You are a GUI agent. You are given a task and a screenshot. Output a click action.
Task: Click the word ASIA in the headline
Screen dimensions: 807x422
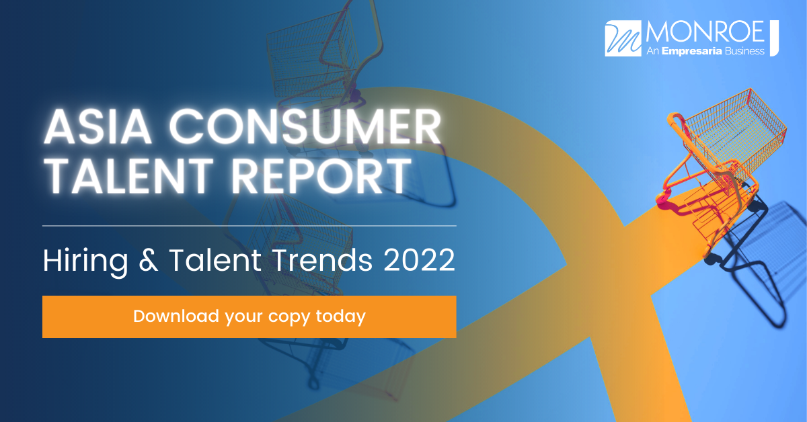click(98, 127)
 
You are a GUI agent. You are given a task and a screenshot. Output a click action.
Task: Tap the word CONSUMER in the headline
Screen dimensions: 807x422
click(305, 127)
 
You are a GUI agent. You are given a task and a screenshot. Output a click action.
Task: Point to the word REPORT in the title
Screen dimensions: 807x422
click(321, 176)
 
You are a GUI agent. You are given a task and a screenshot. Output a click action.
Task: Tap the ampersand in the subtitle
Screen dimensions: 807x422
click(149, 260)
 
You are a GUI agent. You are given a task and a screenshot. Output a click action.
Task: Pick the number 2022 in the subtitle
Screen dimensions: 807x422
click(419, 260)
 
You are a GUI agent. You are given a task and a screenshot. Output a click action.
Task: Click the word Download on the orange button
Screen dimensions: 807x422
click(176, 316)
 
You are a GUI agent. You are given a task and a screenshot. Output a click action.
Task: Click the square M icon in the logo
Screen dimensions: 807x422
click(623, 38)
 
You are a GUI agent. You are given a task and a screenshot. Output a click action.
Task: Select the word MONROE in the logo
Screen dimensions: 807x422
click(705, 32)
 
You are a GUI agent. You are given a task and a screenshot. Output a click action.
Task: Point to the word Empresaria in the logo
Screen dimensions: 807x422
click(692, 52)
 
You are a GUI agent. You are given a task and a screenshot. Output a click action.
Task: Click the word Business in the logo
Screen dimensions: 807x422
click(744, 51)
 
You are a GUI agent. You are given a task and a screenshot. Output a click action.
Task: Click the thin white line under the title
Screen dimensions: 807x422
click(249, 226)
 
